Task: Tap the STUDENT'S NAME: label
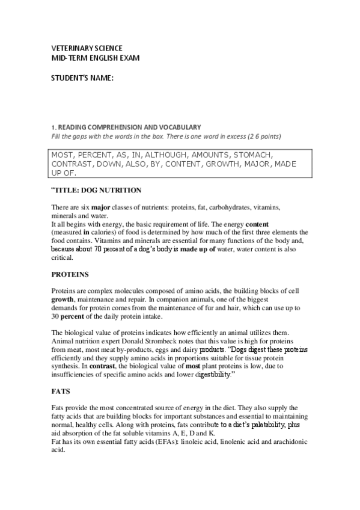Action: [x=81, y=78]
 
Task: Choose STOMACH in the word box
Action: [x=253, y=154]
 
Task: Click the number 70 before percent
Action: [x=99, y=248]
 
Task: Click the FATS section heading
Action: [x=61, y=391]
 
